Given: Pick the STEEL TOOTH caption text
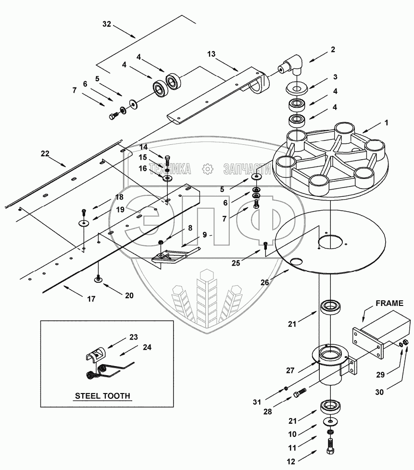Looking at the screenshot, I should (x=102, y=396).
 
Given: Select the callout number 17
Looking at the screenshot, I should (x=91, y=299).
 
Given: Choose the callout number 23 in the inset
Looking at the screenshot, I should (x=133, y=337).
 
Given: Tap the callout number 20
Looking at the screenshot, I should (x=129, y=295).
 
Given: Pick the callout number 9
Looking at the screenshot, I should (x=204, y=235).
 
